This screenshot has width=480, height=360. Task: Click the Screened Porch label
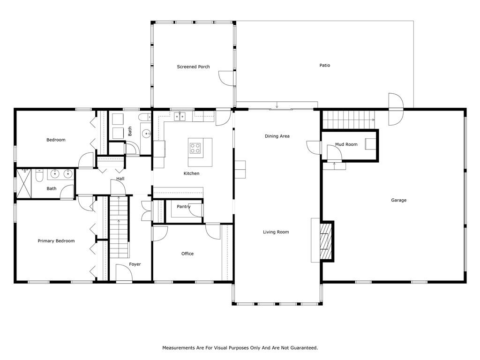pyautogui.click(x=193, y=67)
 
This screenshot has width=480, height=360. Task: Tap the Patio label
pyautogui.click(x=325, y=65)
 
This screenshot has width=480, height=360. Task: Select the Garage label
pyautogui.click(x=398, y=200)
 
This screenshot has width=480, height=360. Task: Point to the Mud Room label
pyautogui.click(x=346, y=144)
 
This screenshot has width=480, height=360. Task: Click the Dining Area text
pyautogui.click(x=277, y=136)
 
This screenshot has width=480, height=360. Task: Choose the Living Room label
pyautogui.click(x=276, y=232)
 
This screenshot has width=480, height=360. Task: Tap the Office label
pyautogui.click(x=187, y=254)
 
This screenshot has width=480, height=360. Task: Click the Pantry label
pyautogui.click(x=184, y=207)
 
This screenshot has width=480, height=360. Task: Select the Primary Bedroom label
pyautogui.click(x=56, y=241)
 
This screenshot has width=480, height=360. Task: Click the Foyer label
pyautogui.click(x=135, y=264)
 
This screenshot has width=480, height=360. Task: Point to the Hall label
pyautogui.click(x=120, y=179)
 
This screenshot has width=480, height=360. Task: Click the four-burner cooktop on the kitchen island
pyautogui.click(x=195, y=148)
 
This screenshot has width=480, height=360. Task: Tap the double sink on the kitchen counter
pyautogui.click(x=180, y=117)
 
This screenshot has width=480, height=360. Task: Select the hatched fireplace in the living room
pyautogui.click(x=326, y=241)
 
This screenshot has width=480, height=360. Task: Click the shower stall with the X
pyautogui.click(x=24, y=184)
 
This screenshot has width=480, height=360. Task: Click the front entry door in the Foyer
pyautogui.click(x=124, y=273)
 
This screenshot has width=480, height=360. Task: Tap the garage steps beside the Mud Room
pyautogui.click(x=349, y=120)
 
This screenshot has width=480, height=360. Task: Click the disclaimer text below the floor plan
pyautogui.click(x=240, y=348)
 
